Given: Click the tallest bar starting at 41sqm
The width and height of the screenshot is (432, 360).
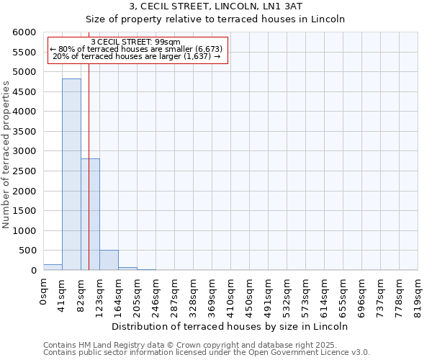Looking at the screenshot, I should pyautogui.click(x=71, y=174).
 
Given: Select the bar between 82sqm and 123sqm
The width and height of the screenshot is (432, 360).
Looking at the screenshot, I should pyautogui.click(x=90, y=215).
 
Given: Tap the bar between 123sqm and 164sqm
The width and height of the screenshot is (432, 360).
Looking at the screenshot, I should pyautogui.click(x=109, y=260).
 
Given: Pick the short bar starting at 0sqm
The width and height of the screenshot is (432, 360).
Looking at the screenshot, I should pyautogui.click(x=53, y=267).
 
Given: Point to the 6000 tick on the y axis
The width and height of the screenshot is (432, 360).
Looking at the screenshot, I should pyautogui.click(x=25, y=32).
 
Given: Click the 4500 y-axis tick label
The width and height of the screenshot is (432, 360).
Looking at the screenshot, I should pyautogui.click(x=25, y=92).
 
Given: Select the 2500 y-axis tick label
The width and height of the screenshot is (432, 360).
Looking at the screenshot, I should pyautogui.click(x=25, y=171).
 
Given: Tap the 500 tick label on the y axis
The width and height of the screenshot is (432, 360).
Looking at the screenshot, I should pyautogui.click(x=28, y=251).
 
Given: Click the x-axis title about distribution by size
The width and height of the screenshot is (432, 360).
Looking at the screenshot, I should pyautogui.click(x=230, y=326).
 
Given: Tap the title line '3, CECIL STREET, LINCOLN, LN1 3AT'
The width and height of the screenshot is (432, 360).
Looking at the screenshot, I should pyautogui.click(x=215, y=7).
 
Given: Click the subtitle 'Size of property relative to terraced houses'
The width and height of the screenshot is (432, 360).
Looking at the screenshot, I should pyautogui.click(x=215, y=19).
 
